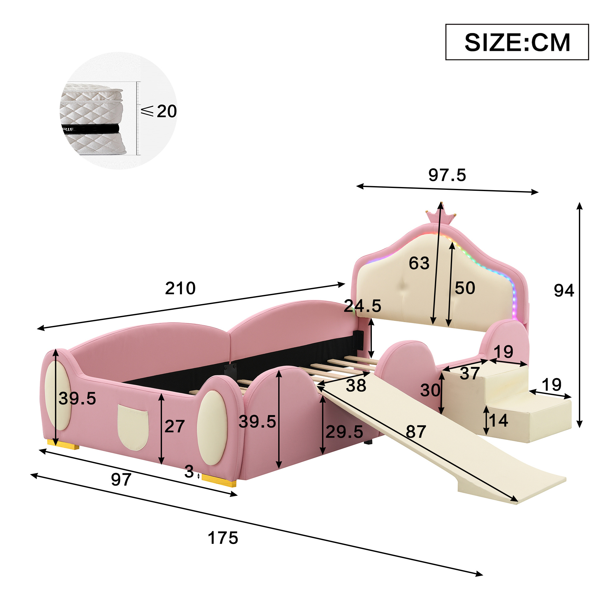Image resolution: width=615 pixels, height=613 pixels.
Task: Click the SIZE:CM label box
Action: point(517,42)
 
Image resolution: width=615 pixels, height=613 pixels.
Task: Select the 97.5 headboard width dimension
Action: point(447,175)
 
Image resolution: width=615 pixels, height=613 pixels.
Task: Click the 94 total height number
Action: point(564,290)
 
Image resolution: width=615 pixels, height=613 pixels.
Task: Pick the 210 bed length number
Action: point(180,288)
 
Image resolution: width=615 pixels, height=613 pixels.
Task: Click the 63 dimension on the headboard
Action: point(419,263)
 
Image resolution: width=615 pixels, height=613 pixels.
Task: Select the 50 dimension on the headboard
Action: point(465,288)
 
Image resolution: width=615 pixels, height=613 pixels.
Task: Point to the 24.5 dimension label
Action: point(363,306)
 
